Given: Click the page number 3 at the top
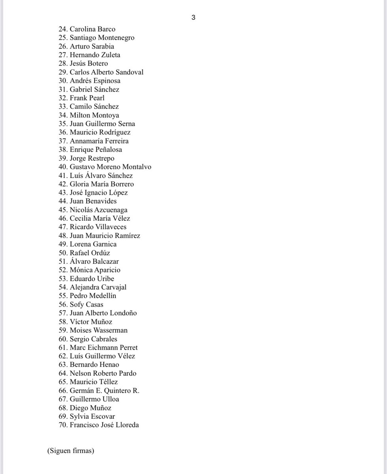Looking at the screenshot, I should click(193, 17).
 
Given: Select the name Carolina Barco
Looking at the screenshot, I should click(93, 29).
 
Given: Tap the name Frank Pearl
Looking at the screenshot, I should click(87, 98).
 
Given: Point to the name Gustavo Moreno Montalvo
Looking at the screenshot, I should click(110, 167).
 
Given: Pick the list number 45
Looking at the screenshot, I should click(63, 210).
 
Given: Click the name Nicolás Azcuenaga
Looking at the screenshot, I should click(98, 210).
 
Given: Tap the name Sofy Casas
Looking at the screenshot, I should click(86, 305).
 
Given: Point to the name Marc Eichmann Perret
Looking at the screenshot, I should click(104, 348).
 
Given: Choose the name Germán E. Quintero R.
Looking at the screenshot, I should click(104, 391).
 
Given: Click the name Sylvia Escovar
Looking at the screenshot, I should click(92, 416).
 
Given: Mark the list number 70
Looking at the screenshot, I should click(63, 425).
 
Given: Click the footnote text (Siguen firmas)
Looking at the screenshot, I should click(70, 451).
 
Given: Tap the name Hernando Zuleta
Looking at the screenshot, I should click(95, 55).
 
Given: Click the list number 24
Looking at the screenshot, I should click(63, 29).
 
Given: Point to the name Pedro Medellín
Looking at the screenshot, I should click(93, 296).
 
